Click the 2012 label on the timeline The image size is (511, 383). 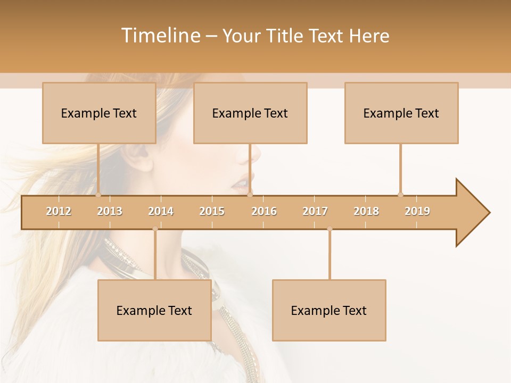pyautogui.click(x=59, y=211)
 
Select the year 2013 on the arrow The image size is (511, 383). pyautogui.click(x=110, y=211)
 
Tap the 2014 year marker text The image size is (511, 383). pyautogui.click(x=161, y=211)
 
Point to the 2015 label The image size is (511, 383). pyautogui.click(x=212, y=211)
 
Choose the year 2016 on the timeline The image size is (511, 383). pyautogui.click(x=264, y=211)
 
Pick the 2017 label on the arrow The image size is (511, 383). pyautogui.click(x=315, y=211)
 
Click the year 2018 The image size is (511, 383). pyautogui.click(x=366, y=211)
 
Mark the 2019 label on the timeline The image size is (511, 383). pyautogui.click(x=417, y=211)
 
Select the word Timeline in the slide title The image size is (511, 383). pyautogui.click(x=160, y=36)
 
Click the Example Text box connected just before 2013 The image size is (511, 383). pyautogui.click(x=99, y=113)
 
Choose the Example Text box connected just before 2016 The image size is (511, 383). pyautogui.click(x=250, y=113)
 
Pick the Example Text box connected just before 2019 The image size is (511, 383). pyautogui.click(x=401, y=113)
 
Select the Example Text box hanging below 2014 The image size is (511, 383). pyautogui.click(x=154, y=310)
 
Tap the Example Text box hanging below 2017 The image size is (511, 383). pyautogui.click(x=329, y=310)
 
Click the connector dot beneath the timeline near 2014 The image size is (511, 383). pyautogui.click(x=155, y=229)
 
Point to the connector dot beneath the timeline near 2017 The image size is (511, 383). pyautogui.click(x=329, y=229)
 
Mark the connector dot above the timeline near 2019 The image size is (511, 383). pyautogui.click(x=400, y=195)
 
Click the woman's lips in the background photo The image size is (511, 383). pyautogui.click(x=241, y=184)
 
